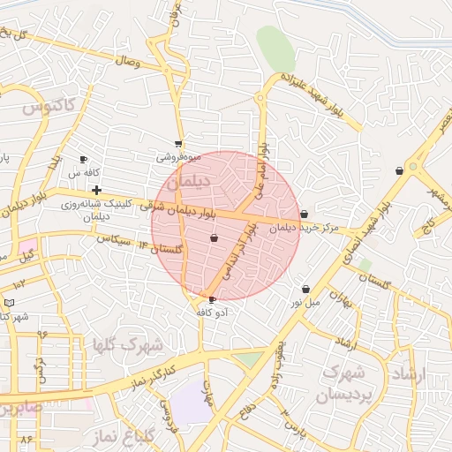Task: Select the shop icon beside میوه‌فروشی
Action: click(178, 143)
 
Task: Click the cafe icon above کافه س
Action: click(84, 160)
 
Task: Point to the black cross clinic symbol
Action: click(96, 190)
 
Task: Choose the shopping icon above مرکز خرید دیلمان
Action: click(305, 214)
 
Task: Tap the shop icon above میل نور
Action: click(305, 289)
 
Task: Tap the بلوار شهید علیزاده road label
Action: click(323, 96)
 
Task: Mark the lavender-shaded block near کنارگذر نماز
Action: click(191, 403)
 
